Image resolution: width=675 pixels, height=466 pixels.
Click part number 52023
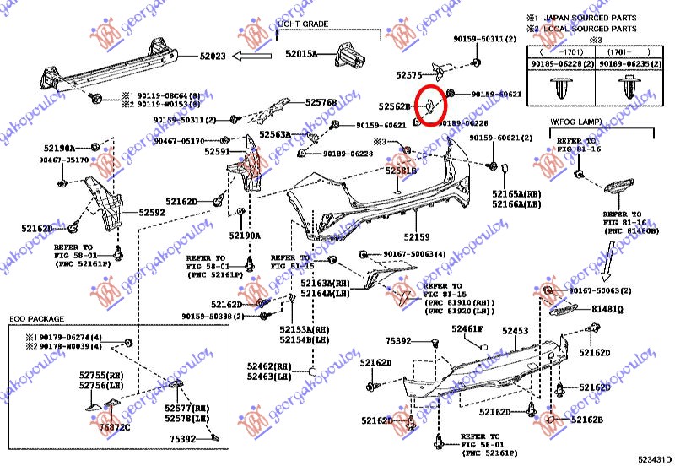(213, 57)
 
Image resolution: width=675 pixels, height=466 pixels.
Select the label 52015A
(300, 53)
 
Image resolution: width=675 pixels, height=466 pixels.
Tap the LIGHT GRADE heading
(301, 24)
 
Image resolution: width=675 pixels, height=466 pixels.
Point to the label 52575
(408, 75)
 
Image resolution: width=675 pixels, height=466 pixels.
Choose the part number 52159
(416, 237)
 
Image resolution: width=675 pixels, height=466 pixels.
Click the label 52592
(152, 214)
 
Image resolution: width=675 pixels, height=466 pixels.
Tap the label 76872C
(115, 428)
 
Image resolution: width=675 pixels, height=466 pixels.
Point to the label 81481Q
(607, 310)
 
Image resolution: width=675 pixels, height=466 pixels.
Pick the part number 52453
(516, 332)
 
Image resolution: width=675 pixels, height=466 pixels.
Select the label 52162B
(587, 419)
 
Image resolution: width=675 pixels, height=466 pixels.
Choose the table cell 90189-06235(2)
(626, 63)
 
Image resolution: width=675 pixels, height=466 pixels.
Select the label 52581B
(402, 171)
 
